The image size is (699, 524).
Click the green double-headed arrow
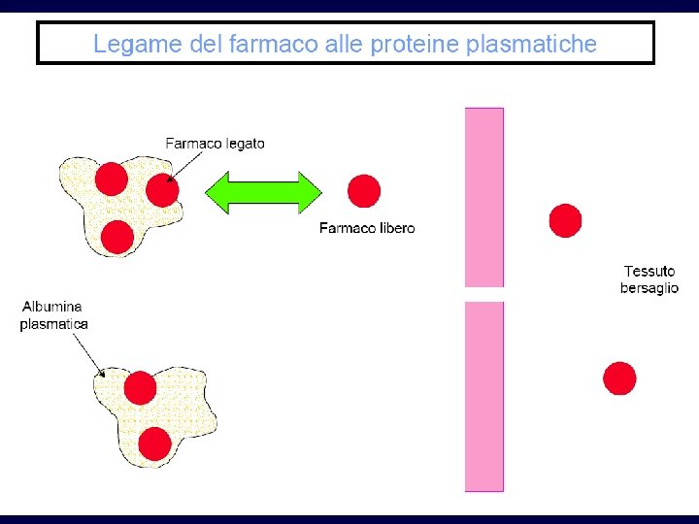[x=263, y=192]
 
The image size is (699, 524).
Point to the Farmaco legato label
[x=215, y=143]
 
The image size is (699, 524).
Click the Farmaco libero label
[x=367, y=228]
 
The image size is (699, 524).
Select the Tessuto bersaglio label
[x=649, y=279]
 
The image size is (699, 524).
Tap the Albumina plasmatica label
[x=54, y=315]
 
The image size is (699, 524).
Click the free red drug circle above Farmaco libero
[x=364, y=190]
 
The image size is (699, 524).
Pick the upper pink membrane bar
[x=484, y=197]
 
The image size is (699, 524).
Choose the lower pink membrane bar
[x=484, y=396]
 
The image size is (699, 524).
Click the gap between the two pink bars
[x=484, y=294]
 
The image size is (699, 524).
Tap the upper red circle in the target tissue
[x=565, y=220]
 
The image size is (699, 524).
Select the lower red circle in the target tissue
[x=619, y=377]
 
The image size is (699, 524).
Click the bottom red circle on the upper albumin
[x=116, y=237]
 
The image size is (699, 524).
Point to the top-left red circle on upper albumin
[x=111, y=179]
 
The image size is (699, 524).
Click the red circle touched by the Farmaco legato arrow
[x=162, y=190]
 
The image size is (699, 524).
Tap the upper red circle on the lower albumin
[x=141, y=387]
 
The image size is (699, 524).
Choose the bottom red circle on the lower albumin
[x=155, y=442]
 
